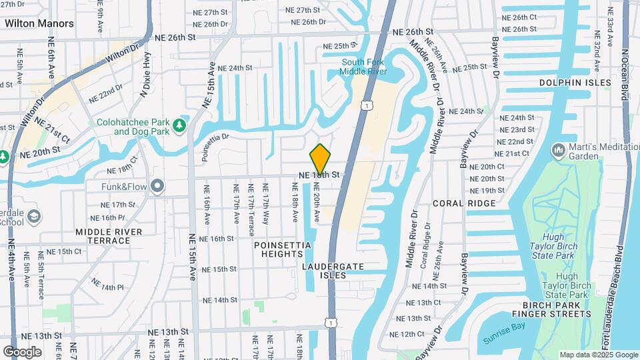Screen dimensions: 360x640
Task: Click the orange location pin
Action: [x=320, y=159]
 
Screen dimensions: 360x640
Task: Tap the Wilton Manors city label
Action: [x=39, y=23]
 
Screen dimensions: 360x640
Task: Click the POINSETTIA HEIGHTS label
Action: [x=283, y=249]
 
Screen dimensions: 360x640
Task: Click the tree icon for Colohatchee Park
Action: [x=179, y=125]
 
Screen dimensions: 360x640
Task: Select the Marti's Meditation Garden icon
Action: [x=558, y=151]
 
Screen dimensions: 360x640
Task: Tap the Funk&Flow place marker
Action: [x=157, y=186]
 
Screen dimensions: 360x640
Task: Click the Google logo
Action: [x=22, y=351]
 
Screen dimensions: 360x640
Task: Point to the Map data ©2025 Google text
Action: [x=598, y=355]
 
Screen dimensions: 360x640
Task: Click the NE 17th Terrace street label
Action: [x=251, y=215]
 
